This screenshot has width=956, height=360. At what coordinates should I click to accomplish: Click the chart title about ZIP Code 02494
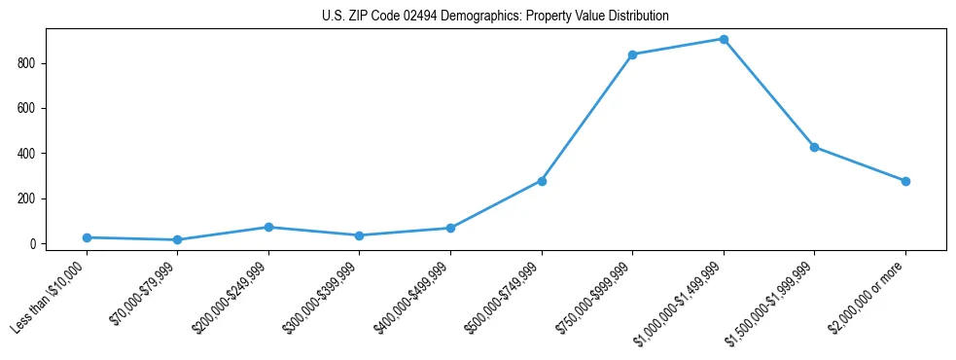pos(495,17)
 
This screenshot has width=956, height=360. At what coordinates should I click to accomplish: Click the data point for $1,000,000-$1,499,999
pos(724,39)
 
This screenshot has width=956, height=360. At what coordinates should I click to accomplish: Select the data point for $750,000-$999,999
pos(632,54)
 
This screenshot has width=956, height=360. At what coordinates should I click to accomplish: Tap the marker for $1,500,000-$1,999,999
pos(814,147)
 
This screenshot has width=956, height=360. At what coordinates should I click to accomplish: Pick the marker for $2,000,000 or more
pos(905,181)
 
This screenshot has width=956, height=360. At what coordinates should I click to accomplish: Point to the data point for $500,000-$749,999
pos(542,181)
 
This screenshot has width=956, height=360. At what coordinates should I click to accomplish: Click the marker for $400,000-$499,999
pos(450,228)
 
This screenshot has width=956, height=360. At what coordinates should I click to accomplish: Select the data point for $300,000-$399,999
pos(360,235)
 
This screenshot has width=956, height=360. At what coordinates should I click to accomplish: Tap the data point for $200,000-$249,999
pos(268,227)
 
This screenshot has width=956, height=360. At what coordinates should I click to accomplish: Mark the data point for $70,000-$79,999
pos(177,239)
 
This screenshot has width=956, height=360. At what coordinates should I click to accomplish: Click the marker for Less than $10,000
pos(87,237)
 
